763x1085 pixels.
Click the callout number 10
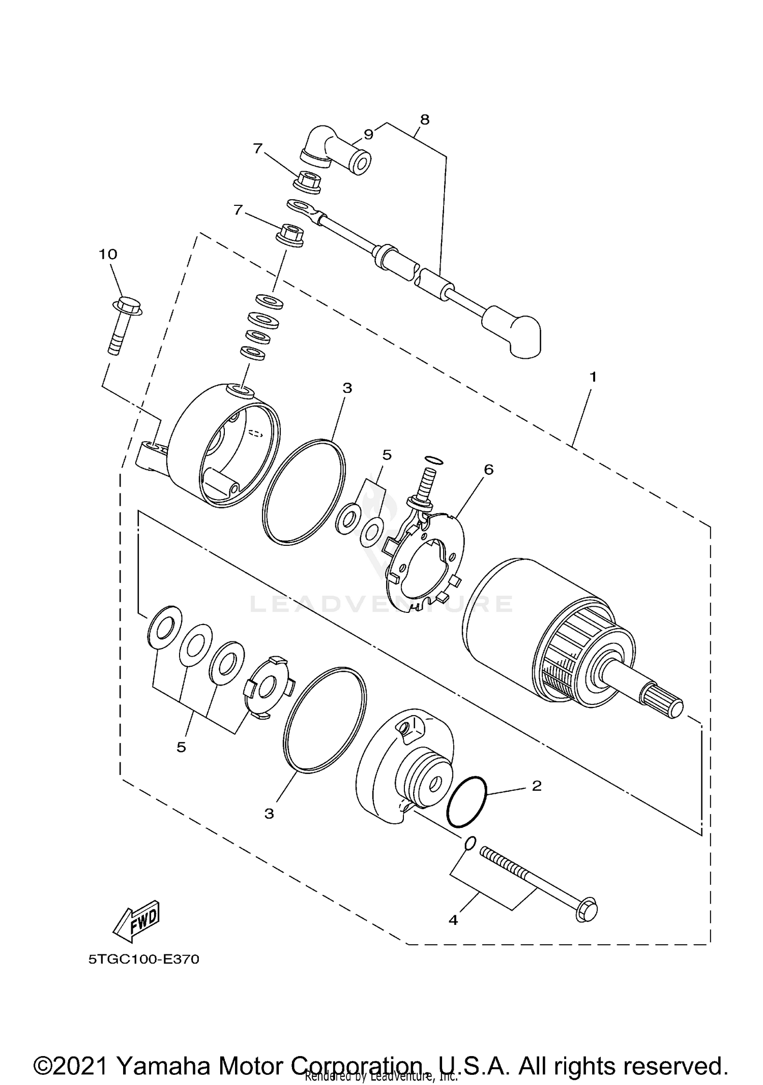[108, 254]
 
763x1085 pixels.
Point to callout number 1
[593, 378]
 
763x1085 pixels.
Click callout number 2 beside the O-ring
[537, 786]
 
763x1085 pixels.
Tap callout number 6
[488, 470]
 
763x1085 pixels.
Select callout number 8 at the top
[425, 120]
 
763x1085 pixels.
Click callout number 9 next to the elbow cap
[369, 134]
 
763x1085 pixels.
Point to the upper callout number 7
[258, 148]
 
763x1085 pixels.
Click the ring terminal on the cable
[300, 206]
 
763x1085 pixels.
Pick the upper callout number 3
[347, 388]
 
